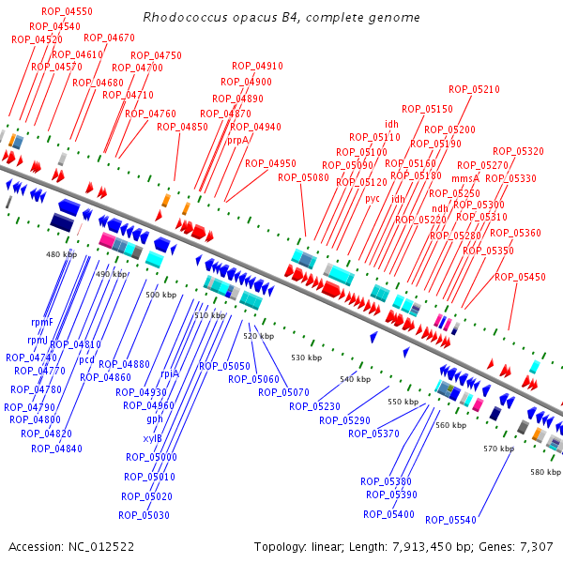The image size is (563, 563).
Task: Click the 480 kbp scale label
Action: point(60,254)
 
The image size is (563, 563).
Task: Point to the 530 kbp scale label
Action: point(306,358)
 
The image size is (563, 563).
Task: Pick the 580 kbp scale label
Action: point(544,471)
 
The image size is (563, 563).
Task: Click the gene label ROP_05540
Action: point(450,520)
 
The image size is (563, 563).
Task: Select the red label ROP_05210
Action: point(474,89)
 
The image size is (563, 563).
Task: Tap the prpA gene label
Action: point(238,140)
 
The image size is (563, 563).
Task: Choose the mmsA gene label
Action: point(465,177)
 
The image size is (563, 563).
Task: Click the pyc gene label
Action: point(373,198)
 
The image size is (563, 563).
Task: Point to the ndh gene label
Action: point(439,208)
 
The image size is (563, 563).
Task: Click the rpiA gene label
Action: point(170,373)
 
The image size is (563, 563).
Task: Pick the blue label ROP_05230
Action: point(314,406)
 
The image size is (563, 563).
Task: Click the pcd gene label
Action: point(86,359)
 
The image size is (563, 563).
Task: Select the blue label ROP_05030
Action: point(144,515)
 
